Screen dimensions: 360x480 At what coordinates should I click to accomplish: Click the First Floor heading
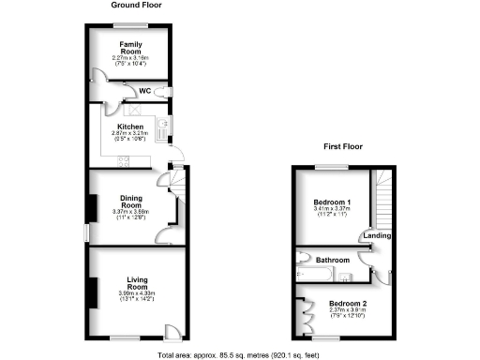344,147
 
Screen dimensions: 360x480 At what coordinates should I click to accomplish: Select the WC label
145,91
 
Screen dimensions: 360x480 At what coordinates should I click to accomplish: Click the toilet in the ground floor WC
166,91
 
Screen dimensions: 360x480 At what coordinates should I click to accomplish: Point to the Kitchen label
130,127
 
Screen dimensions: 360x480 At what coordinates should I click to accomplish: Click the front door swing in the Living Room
172,331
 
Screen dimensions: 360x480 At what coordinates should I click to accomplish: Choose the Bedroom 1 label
331,202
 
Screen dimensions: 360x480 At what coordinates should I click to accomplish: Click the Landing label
379,235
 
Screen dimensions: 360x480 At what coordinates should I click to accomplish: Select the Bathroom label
332,260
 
